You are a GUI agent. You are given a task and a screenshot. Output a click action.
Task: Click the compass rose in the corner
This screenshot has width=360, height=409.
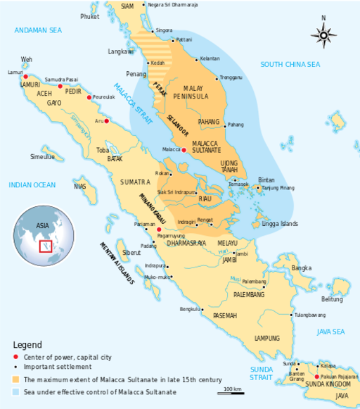point(323,33)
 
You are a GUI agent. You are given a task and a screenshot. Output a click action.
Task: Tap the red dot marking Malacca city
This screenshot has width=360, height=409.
point(184,150)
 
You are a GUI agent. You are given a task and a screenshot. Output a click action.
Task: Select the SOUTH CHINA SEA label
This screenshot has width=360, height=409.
point(290,65)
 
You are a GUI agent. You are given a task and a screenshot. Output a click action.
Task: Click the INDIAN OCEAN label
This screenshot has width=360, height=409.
point(32,185)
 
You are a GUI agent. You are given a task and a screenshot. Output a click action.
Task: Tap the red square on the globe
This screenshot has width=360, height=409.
point(46,247)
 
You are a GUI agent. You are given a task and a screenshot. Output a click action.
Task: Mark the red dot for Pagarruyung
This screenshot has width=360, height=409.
point(159,230)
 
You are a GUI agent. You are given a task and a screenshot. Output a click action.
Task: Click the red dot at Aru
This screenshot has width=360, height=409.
point(107,121)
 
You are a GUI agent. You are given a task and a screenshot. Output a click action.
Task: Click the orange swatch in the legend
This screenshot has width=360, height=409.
point(15,379)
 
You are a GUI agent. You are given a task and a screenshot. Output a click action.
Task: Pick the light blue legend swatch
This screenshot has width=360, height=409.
point(15,391)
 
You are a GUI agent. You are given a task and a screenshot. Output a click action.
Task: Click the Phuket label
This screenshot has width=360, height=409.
point(90,16)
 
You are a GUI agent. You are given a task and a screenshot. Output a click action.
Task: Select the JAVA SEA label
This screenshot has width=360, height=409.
point(330,332)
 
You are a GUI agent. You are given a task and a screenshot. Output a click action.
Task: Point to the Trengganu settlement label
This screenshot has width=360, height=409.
point(231,77)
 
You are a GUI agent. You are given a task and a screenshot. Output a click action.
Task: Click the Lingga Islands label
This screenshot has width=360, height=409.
point(280,223)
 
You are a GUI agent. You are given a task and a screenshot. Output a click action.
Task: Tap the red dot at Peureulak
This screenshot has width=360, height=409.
point(89,97)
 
